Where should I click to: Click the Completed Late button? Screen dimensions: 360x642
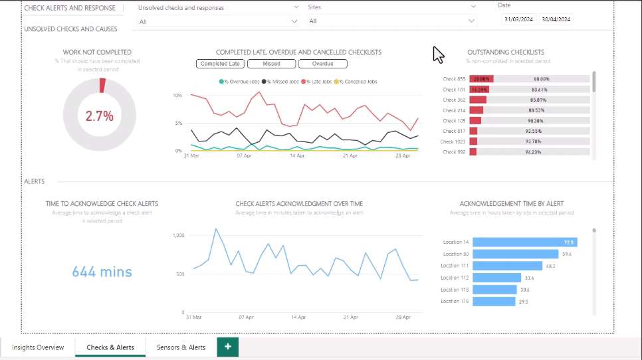[x=220, y=64]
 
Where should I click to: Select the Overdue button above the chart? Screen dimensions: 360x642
[x=323, y=64]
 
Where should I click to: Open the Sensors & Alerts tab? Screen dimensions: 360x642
[x=181, y=347]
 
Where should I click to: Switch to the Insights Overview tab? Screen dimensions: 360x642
[x=38, y=347]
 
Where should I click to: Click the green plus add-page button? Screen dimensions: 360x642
[x=227, y=347]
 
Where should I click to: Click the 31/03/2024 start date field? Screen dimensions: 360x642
[x=518, y=19]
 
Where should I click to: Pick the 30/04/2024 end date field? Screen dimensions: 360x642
[x=556, y=19]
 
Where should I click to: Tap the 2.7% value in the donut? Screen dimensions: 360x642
[x=99, y=116]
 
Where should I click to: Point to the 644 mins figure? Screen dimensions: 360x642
[x=102, y=272]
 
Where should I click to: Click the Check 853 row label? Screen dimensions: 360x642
[x=454, y=79]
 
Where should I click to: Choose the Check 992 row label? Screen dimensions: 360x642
[x=454, y=152]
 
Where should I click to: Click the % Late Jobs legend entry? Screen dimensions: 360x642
[x=318, y=82]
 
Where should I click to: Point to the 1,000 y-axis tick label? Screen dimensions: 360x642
[x=177, y=235]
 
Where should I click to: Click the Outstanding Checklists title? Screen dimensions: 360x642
[x=506, y=52]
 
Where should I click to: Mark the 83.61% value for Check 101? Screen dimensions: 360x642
[x=540, y=90]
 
